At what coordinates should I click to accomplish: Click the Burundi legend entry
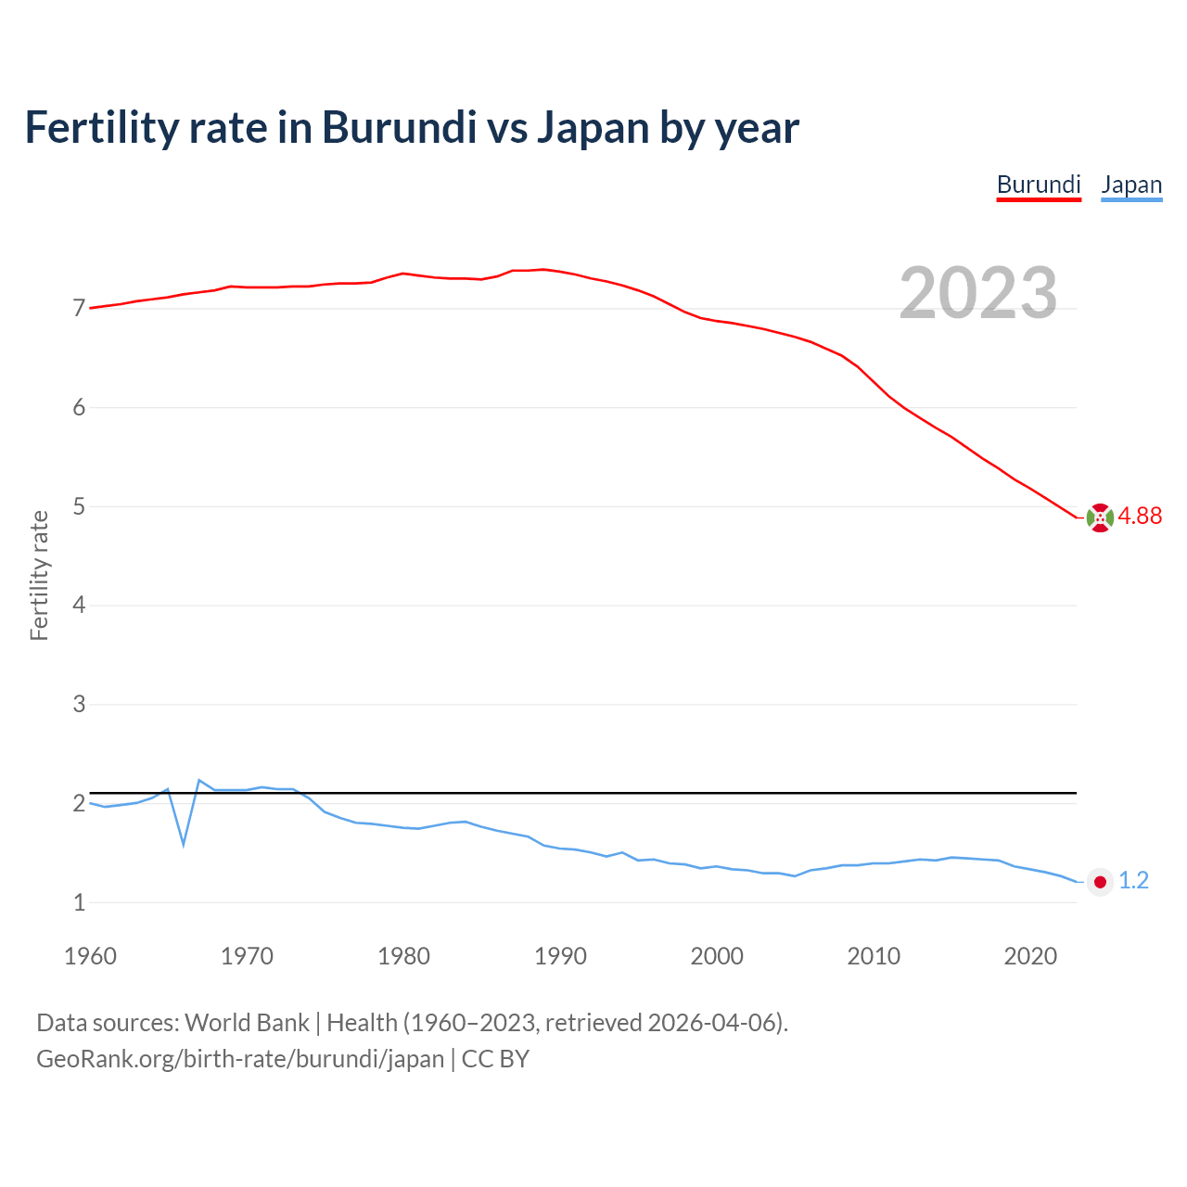click(x=1039, y=185)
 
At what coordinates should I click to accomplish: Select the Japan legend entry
click(x=1131, y=185)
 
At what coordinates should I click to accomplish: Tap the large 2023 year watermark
click(x=978, y=293)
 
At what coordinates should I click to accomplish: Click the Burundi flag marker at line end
click(x=1100, y=517)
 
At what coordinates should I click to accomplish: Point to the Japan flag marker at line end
click(x=1100, y=882)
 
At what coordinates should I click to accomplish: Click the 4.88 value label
click(x=1140, y=517)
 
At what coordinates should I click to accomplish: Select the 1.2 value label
click(x=1133, y=881)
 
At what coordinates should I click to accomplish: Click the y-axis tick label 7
click(x=79, y=309)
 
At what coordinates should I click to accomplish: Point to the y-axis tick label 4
click(x=79, y=606)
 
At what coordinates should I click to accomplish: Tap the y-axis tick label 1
click(x=79, y=902)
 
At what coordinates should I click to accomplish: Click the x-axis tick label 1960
click(x=90, y=956)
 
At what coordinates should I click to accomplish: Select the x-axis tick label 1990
click(x=560, y=956)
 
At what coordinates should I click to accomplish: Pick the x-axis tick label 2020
click(x=1030, y=956)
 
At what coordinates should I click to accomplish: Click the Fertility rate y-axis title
click(x=39, y=575)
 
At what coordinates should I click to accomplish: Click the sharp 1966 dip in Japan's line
click(x=184, y=843)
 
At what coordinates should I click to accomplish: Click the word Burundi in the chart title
click(x=399, y=128)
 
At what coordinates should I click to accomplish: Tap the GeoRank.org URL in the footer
click(x=240, y=1059)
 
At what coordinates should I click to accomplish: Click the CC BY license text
click(x=495, y=1059)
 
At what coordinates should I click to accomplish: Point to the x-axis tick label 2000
click(x=717, y=956)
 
